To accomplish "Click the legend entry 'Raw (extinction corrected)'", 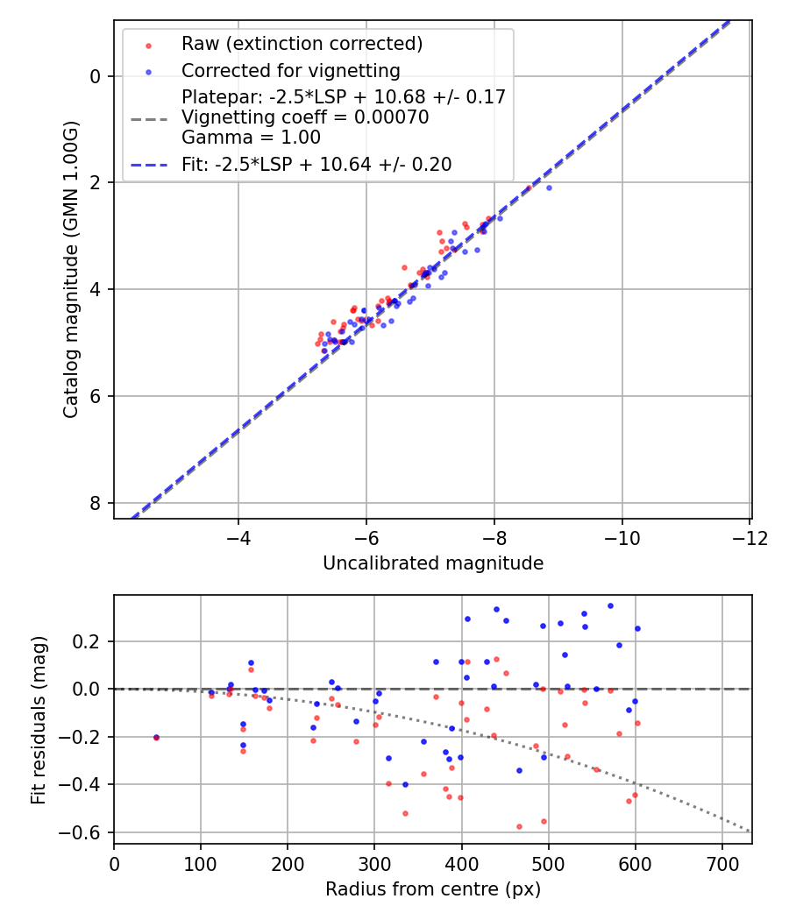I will [302, 44].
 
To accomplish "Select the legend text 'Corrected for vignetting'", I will [290, 71].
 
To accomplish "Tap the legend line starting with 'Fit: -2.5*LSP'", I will [316, 164].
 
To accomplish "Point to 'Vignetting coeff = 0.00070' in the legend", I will [305, 117].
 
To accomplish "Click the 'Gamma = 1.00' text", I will [251, 138].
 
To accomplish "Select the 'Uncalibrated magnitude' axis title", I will [433, 563].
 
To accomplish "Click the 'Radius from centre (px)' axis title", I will [433, 889].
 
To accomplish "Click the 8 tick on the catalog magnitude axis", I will [97, 503].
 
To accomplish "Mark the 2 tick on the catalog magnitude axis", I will [97, 182].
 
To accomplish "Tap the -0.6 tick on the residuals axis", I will [87, 832].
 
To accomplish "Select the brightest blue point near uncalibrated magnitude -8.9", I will [549, 188].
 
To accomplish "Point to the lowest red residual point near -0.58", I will [519, 826].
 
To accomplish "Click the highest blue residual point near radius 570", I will [610, 605].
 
